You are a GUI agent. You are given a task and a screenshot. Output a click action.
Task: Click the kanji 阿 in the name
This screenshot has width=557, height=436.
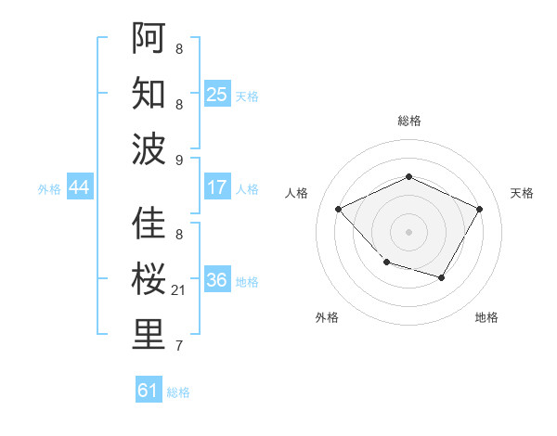tap(149, 37)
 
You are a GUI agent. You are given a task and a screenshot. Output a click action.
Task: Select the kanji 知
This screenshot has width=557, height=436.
tap(149, 93)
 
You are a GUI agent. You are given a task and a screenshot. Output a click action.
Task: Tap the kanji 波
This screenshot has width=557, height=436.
tap(149, 148)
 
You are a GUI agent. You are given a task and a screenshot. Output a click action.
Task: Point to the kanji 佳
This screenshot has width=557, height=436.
tap(149, 224)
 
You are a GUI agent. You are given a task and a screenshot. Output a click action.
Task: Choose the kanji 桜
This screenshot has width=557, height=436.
tap(149, 279)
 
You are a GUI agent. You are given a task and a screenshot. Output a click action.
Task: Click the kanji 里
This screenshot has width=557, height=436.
tap(149, 335)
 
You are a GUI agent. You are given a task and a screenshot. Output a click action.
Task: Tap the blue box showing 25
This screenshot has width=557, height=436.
tap(217, 94)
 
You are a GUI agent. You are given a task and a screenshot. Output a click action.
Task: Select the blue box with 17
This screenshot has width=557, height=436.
tap(217, 187)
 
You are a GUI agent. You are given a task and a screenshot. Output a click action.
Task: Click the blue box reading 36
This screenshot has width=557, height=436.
tap(217, 280)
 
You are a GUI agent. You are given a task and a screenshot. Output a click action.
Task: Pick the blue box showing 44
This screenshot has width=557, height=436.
tap(79, 187)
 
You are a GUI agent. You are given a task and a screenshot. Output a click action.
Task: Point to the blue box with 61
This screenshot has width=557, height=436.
tap(149, 391)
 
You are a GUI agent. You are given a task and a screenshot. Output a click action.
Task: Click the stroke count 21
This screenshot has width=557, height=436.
tap(179, 291)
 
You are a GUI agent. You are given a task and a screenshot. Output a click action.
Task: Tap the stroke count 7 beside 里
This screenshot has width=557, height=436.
tap(179, 347)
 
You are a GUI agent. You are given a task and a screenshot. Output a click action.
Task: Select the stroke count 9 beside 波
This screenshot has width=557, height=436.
tap(179, 160)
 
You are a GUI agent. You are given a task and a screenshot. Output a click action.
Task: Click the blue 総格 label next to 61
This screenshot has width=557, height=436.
tap(178, 392)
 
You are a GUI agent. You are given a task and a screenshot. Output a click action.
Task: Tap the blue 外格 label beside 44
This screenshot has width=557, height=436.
tap(49, 189)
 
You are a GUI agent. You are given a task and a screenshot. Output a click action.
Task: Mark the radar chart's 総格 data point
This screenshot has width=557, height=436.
tap(408, 176)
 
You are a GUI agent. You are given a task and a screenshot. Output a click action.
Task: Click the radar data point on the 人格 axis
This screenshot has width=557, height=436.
tap(339, 210)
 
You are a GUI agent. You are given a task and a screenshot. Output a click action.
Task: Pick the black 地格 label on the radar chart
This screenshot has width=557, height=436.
tap(486, 318)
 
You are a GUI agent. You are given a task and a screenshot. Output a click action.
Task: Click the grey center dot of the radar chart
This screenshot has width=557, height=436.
tap(408, 232)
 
